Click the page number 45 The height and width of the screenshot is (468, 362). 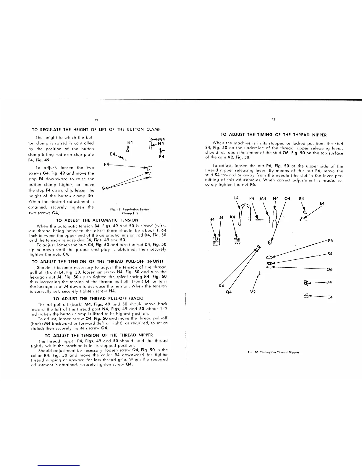point(273,120)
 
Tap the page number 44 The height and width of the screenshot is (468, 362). point(96,120)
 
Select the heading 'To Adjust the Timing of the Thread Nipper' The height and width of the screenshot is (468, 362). point(274,135)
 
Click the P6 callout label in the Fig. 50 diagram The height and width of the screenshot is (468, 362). point(330,241)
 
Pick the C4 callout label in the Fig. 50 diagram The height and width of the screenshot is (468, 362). point(330,297)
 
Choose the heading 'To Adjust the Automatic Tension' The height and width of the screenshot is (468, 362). point(97,220)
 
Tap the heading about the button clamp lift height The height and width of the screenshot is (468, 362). point(96,129)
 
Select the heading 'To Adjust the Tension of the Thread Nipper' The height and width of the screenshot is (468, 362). point(99,335)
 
